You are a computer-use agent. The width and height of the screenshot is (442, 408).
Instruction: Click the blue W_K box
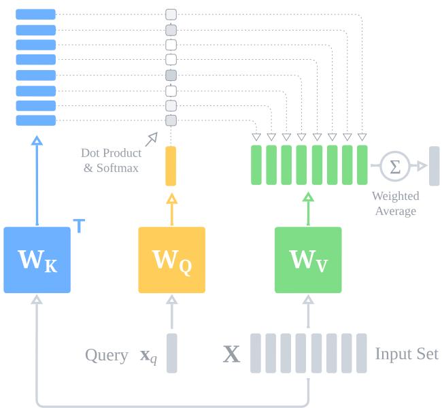(37, 260)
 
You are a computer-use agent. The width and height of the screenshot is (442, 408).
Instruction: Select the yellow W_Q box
(171, 260)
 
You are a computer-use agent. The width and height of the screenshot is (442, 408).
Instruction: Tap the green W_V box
(308, 260)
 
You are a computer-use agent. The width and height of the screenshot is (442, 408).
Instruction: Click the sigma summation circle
(394, 165)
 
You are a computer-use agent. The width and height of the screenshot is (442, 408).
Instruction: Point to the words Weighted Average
(395, 203)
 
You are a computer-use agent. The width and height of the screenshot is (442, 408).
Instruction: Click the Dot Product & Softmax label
(112, 160)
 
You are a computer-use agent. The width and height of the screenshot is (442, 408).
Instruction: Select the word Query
(106, 354)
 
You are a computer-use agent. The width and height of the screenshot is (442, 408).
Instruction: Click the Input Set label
(407, 354)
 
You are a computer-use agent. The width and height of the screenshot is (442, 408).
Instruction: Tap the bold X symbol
(232, 354)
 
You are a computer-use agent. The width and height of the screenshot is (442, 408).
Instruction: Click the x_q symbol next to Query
(148, 356)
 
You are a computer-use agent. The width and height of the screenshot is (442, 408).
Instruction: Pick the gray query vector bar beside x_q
(171, 353)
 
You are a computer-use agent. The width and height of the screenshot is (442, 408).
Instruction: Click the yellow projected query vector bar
(171, 166)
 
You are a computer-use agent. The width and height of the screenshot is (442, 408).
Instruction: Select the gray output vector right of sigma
(434, 165)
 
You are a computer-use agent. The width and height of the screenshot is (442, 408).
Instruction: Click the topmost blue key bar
(35, 14)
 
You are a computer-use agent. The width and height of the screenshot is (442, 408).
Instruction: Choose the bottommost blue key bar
(35, 120)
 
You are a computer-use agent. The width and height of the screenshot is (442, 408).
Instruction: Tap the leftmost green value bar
(256, 165)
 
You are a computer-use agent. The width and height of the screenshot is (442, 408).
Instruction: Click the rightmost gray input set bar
(361, 353)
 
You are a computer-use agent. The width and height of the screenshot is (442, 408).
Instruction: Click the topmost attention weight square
(171, 14)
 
